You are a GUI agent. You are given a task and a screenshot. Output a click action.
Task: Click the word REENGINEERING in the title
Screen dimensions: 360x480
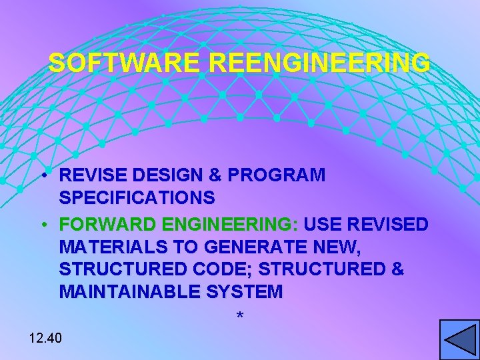(x=319, y=63)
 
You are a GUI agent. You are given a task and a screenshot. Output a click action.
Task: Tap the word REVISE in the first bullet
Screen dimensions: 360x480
(x=93, y=175)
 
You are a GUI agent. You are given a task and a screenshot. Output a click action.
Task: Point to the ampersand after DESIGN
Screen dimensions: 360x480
(x=216, y=175)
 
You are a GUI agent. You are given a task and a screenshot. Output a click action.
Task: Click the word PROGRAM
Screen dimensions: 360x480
(x=276, y=175)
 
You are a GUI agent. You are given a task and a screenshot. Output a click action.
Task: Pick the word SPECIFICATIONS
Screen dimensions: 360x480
(x=137, y=198)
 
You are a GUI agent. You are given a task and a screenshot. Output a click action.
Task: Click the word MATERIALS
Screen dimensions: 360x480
(x=113, y=247)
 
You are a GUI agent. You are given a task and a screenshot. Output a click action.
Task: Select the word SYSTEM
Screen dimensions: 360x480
(x=246, y=292)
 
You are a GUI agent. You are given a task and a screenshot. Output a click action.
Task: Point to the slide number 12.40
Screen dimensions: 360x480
(x=45, y=338)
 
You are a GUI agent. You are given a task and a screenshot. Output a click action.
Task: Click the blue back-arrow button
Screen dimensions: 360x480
(x=459, y=340)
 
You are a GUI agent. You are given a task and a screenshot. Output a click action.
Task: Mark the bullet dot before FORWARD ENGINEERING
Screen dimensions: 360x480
(x=43, y=225)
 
